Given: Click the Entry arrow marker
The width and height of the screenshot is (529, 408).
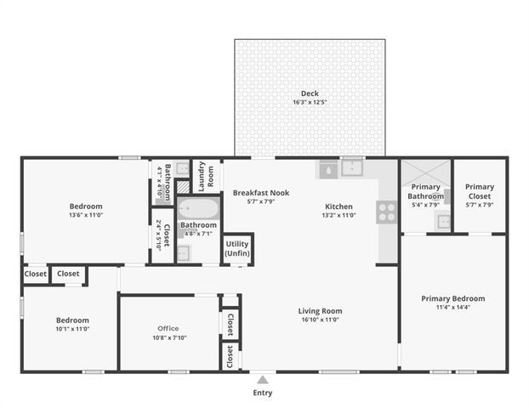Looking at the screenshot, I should (x=263, y=379).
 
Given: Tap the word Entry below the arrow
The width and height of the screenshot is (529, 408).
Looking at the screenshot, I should (x=263, y=394).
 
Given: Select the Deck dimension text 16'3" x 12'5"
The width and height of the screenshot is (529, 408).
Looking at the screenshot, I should (x=310, y=102).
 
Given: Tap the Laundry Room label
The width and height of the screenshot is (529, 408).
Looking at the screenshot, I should (x=205, y=175).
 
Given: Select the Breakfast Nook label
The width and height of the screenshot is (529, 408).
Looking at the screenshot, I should (x=261, y=193).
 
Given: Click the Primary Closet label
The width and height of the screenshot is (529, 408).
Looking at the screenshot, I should (x=479, y=191).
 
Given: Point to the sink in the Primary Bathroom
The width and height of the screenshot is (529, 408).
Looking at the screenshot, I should (x=443, y=223).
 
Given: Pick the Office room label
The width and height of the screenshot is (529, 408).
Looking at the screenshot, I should (x=168, y=328).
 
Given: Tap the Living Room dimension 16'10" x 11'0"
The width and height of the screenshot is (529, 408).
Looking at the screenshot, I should (x=320, y=320).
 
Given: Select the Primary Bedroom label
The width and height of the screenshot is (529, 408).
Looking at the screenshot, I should (x=452, y=298).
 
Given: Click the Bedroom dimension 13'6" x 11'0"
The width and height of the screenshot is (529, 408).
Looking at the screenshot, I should (x=86, y=216).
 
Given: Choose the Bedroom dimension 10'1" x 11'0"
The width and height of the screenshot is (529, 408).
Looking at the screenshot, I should (x=72, y=329).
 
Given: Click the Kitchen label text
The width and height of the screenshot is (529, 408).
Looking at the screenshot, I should (x=338, y=207).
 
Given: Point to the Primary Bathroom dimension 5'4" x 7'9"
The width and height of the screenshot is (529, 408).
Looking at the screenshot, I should (x=425, y=205).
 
